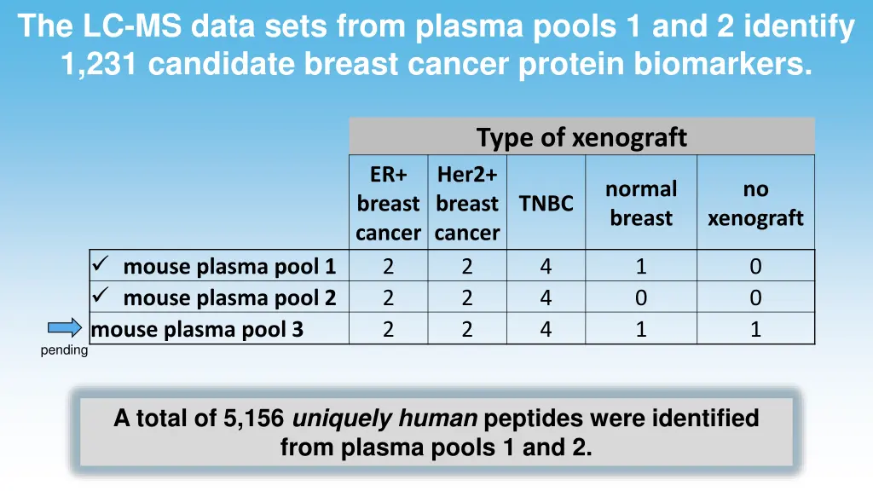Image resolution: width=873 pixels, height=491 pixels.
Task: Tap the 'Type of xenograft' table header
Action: click(x=581, y=136)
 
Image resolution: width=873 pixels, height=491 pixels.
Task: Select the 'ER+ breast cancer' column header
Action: click(x=388, y=204)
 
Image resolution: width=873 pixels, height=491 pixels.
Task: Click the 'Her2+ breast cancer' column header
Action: click(x=467, y=204)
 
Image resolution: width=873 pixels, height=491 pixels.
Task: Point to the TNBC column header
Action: click(x=546, y=204)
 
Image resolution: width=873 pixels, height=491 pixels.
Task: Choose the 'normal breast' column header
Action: click(x=641, y=204)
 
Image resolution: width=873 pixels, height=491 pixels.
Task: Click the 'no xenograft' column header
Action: click(x=755, y=204)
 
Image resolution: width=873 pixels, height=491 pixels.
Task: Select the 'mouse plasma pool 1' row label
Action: click(x=229, y=267)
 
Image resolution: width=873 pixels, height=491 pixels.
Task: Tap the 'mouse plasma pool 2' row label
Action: click(x=229, y=297)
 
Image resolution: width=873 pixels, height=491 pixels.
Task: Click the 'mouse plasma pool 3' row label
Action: click(x=197, y=329)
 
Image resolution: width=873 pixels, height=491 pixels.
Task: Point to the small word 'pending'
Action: click(x=64, y=350)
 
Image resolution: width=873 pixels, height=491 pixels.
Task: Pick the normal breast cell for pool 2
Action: click(x=641, y=297)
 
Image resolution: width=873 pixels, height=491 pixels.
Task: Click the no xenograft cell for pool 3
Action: click(x=755, y=329)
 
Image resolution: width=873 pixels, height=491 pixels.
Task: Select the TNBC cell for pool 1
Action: click(x=546, y=267)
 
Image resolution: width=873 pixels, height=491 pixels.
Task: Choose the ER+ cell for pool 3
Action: click(x=388, y=329)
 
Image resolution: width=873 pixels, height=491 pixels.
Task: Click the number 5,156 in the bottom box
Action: click(x=255, y=419)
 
